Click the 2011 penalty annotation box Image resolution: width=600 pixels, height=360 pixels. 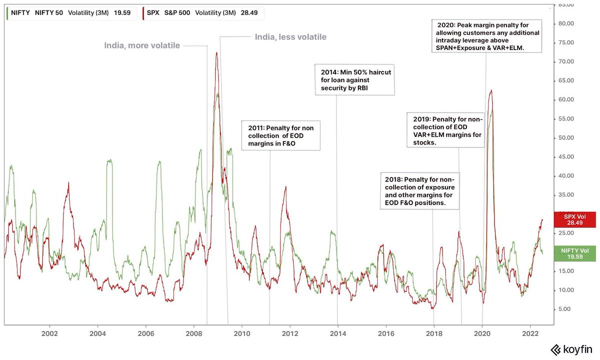tap(280, 135)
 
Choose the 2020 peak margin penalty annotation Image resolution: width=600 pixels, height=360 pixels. tap(486, 36)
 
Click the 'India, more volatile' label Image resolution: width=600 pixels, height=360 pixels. tap(142, 45)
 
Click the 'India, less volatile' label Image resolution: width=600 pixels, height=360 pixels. tap(290, 37)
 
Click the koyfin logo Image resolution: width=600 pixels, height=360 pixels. tap(573, 349)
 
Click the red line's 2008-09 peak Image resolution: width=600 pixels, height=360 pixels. tap(216, 52)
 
